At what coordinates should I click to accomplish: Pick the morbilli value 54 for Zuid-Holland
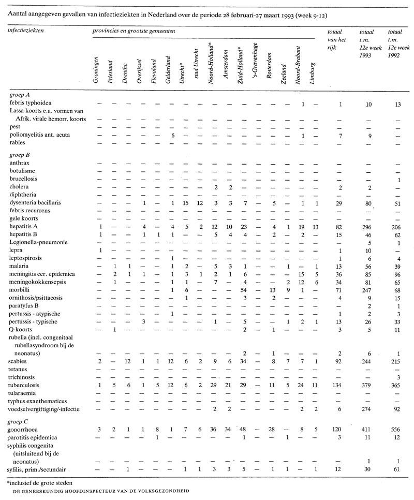pyautogui.click(x=241, y=290)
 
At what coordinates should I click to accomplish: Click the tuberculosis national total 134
pyautogui.click(x=340, y=385)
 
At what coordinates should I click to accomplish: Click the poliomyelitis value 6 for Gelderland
pyautogui.click(x=172, y=135)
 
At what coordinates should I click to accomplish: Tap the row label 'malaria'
pyautogui.click(x=19, y=266)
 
